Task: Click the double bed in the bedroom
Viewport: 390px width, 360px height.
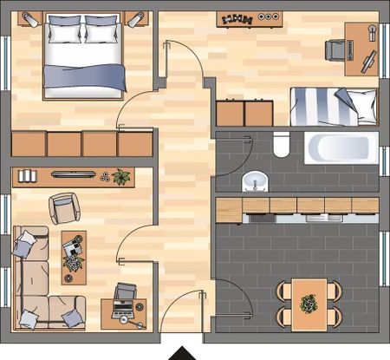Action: coord(86,56)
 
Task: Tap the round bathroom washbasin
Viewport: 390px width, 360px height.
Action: coord(255,181)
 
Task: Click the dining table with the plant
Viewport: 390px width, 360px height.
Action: coord(309,303)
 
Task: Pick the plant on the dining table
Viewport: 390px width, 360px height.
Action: coord(309,304)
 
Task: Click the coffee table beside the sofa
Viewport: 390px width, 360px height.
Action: coord(74,258)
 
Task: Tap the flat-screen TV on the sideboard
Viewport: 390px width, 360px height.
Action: coord(74,173)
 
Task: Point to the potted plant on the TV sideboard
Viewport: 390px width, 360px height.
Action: coord(120,177)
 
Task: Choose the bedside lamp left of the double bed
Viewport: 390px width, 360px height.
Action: coord(30,17)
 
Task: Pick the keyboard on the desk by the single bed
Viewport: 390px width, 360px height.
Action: coord(368,60)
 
